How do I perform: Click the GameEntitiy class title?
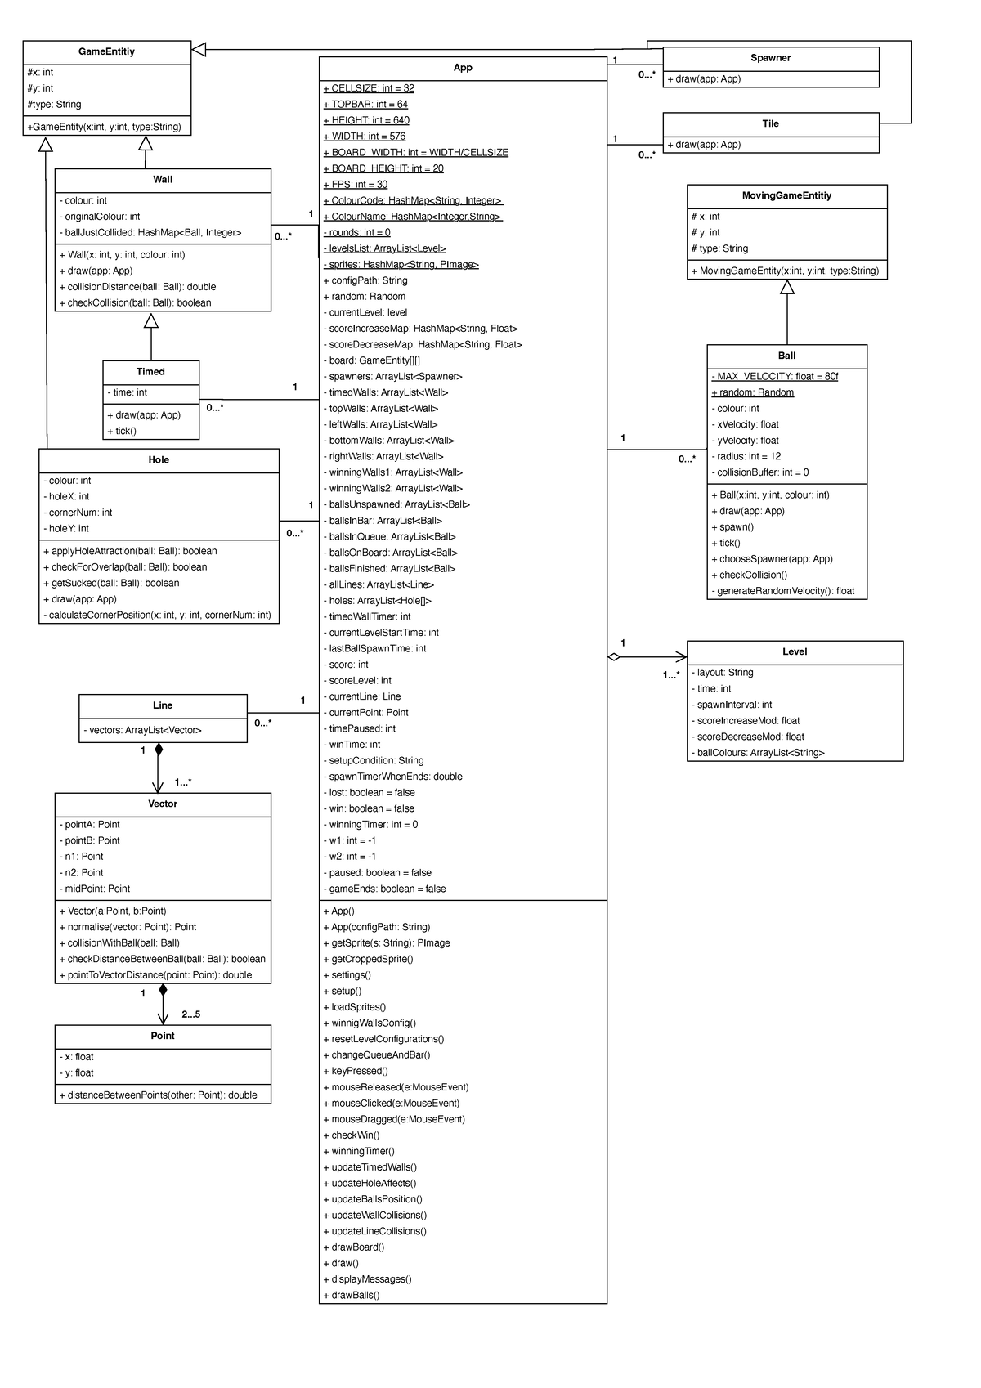[x=106, y=51]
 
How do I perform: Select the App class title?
[x=463, y=68]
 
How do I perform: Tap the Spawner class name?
[x=770, y=58]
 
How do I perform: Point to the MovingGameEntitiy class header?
[x=786, y=196]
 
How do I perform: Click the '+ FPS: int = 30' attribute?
[x=355, y=185]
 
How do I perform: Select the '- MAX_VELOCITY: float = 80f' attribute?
[x=774, y=377]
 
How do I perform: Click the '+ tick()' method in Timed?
[x=121, y=432]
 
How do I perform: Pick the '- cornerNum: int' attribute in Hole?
[x=78, y=513]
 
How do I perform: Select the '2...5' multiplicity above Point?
[x=190, y=1014]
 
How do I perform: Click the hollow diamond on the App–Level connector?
[x=613, y=656]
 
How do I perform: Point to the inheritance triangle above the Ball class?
[x=787, y=287]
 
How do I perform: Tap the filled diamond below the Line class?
[x=159, y=749]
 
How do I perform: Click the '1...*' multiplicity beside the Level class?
[x=671, y=675]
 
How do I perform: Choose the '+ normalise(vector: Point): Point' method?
[x=127, y=927]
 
